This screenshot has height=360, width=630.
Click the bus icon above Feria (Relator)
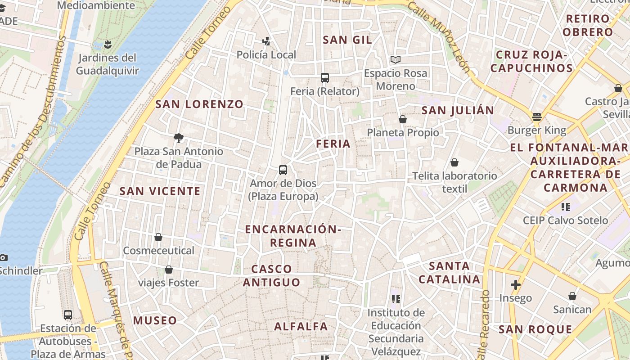[325, 77]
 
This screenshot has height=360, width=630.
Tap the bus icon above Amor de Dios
[283, 170]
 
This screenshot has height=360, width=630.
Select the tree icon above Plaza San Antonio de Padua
[179, 138]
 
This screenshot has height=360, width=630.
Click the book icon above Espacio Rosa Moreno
[396, 59]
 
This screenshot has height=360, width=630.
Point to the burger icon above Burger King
[536, 117]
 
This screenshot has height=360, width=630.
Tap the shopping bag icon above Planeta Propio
[403, 119]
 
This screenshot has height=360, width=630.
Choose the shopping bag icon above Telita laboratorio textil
[454, 162]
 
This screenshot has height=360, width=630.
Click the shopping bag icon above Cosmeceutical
[158, 237]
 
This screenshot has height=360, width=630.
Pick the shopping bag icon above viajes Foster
[169, 270]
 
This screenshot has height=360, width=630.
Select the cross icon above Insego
[516, 285]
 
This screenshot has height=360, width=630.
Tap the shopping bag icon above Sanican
[572, 296]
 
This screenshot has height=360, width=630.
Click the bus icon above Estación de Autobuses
[68, 315]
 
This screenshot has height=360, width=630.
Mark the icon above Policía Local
[266, 41]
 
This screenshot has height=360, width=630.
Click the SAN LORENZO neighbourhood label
[199, 104]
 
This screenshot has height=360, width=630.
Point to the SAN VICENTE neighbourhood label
[160, 191]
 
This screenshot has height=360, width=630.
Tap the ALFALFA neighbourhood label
[301, 327]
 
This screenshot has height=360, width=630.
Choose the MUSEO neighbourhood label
[155, 321]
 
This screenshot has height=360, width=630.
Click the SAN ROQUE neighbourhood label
[535, 329]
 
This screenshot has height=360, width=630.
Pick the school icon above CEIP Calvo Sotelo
[566, 207]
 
